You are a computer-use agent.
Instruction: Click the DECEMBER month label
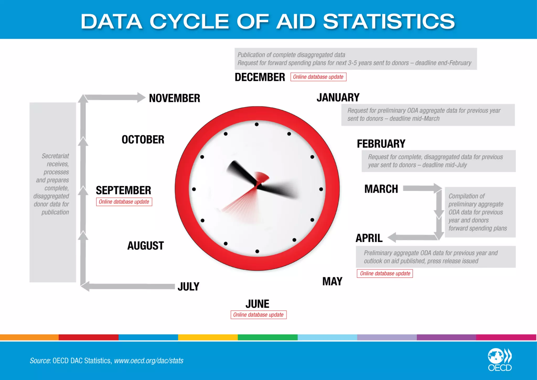[x=260, y=77]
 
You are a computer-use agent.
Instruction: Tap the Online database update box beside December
[x=318, y=77]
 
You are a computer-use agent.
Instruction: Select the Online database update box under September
[x=124, y=202]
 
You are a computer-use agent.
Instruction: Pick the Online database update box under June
[x=259, y=315]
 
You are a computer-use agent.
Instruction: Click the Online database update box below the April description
[x=385, y=273]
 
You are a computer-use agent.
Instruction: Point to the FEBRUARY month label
[x=381, y=144]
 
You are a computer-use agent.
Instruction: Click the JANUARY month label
[x=338, y=98]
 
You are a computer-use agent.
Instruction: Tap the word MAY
[x=332, y=282]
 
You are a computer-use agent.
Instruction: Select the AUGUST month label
[x=146, y=246]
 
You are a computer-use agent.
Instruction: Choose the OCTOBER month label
[x=143, y=139]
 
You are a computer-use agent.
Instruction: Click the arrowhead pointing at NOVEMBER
[x=141, y=97]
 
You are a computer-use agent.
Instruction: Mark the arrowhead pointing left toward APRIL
[x=392, y=237]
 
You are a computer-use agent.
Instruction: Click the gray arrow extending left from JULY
[x=128, y=286]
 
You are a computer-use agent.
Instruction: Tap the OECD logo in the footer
[x=500, y=360]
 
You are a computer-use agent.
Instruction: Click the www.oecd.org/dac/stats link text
[x=149, y=361]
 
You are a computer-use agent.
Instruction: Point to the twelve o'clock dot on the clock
[x=257, y=124]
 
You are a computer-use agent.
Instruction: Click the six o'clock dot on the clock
[x=257, y=251]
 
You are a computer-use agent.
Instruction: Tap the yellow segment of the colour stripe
[x=208, y=337]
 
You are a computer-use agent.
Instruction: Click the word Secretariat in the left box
[x=55, y=156]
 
